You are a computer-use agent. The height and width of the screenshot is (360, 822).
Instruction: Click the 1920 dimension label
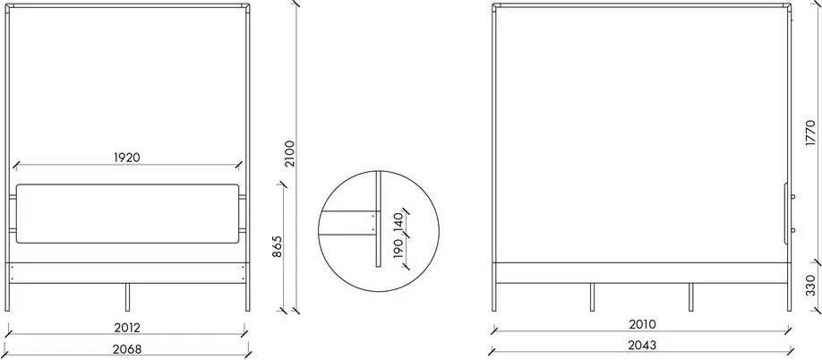pyautogui.click(x=128, y=157)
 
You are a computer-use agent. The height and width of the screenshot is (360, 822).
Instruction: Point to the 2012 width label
pyautogui.click(x=128, y=328)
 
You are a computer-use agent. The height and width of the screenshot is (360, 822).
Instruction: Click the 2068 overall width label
pyautogui.click(x=128, y=347)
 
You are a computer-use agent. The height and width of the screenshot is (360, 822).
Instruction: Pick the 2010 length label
pyautogui.click(x=641, y=324)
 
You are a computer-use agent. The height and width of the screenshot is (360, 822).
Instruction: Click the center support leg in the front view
pyautogui.click(x=128, y=297)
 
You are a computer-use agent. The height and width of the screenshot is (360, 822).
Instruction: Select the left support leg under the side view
pyautogui.click(x=591, y=297)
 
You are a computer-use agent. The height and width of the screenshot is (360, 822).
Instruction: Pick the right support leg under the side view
pyautogui.click(x=690, y=297)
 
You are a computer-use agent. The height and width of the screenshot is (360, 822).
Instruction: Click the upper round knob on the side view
pyautogui.click(x=792, y=197)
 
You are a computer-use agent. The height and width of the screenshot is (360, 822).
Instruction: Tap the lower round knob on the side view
pyautogui.click(x=792, y=229)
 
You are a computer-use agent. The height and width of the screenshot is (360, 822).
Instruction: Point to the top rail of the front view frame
pyautogui.click(x=128, y=4)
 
